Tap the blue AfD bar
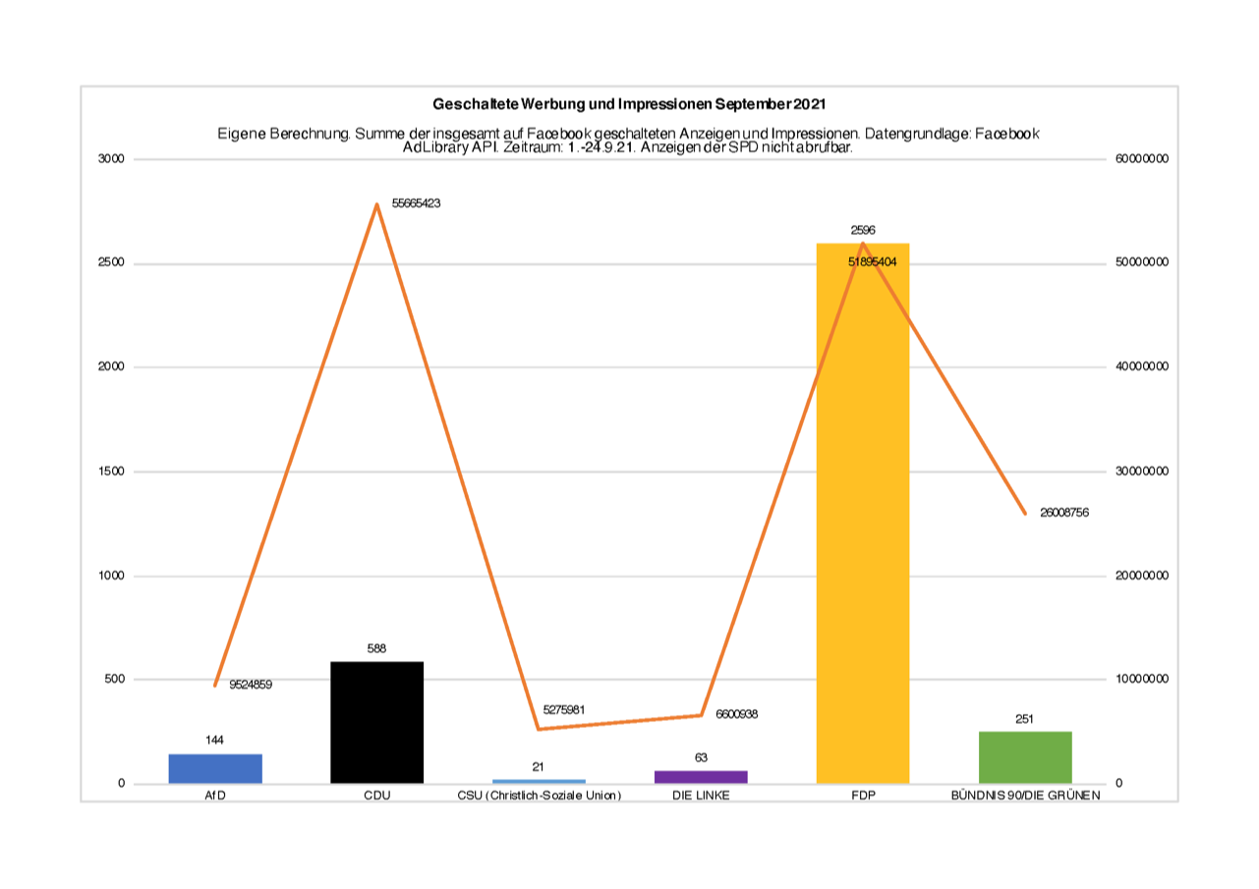[x=215, y=768]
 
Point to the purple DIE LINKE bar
[x=701, y=776]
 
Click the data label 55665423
[x=416, y=203]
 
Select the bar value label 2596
[x=863, y=230]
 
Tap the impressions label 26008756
[x=1064, y=513]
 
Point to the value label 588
[x=376, y=648]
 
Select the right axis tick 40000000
[x=1140, y=367]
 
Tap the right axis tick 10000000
[x=1140, y=680]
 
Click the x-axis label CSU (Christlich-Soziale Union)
[x=540, y=797]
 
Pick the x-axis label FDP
[x=863, y=797]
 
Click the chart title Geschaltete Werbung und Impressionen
[x=629, y=104]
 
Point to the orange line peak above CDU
[x=376, y=204]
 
